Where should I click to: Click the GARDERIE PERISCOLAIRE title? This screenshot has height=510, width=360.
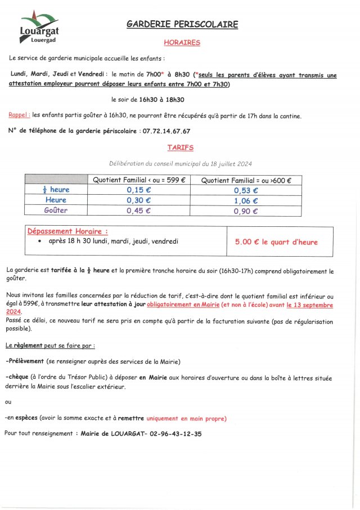point(182,24)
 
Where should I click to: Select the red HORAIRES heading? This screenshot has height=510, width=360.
point(182,42)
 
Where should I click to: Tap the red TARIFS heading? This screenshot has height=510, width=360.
point(180,147)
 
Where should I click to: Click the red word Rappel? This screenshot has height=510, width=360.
point(19,115)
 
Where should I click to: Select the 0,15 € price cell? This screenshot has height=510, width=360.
point(138,190)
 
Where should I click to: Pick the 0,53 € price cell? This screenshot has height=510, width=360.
point(246,190)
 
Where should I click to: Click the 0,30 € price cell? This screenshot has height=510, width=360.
point(138,200)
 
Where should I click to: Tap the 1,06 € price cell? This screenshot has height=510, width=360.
point(246,200)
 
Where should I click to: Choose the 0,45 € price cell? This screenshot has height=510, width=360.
point(138,211)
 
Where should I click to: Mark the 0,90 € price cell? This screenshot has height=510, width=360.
point(246,211)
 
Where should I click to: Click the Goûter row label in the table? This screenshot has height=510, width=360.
point(56,211)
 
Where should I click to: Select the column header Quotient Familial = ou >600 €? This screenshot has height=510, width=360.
point(246,180)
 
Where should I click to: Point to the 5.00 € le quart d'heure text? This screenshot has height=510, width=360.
point(276,242)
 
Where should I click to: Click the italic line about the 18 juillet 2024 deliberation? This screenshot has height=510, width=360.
point(180,163)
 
